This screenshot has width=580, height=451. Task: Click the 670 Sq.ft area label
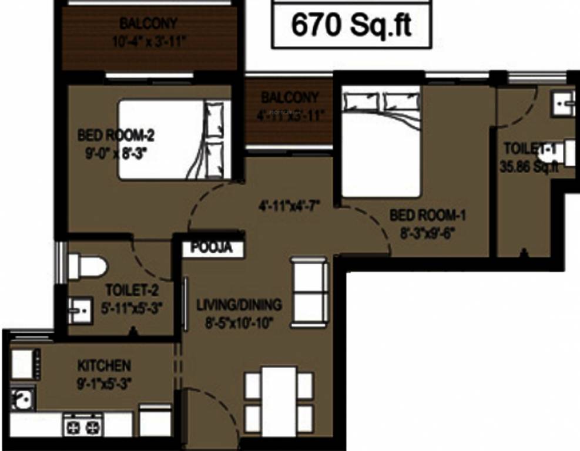click(351, 25)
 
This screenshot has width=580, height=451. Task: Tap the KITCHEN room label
click(104, 366)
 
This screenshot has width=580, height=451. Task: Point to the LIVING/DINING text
click(239, 305)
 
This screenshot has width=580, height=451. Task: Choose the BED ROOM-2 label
click(116, 136)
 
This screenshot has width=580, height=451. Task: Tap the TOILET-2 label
click(131, 290)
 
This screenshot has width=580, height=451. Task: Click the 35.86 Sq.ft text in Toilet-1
click(528, 166)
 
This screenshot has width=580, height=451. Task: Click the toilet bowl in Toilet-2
click(86, 267)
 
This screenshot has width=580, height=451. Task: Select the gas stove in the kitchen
click(83, 425)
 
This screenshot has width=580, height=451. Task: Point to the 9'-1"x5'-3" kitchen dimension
click(104, 383)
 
